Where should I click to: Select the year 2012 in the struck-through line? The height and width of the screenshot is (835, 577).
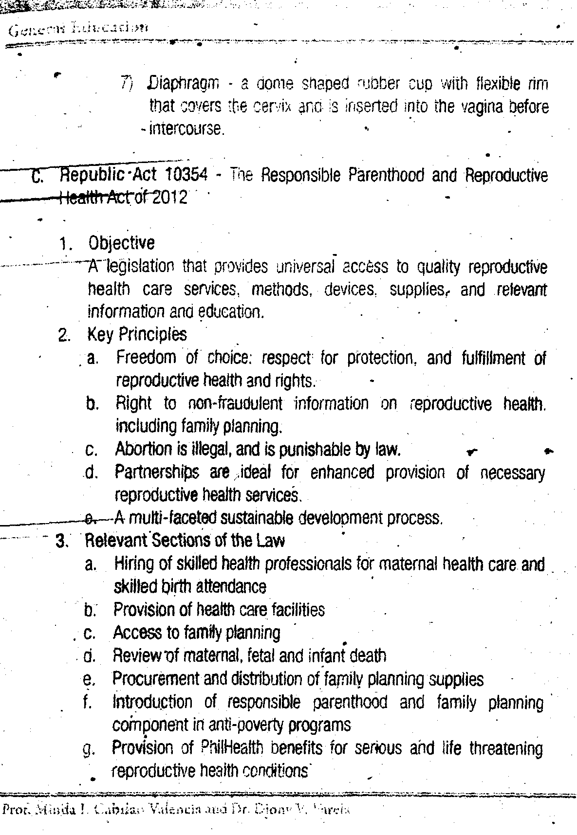click(x=169, y=198)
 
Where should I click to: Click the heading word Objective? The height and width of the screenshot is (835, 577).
click(x=121, y=242)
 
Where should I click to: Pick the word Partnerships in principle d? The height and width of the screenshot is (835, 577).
click(x=157, y=472)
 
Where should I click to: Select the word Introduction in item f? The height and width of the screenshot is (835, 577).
click(x=152, y=702)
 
